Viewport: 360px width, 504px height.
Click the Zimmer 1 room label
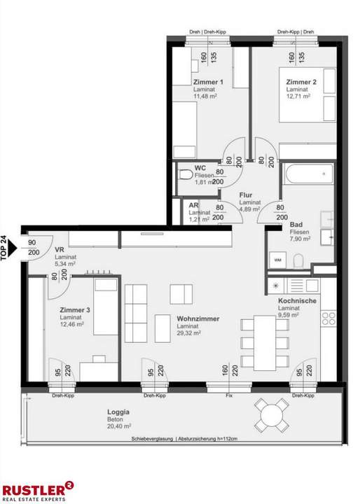coord(208,82)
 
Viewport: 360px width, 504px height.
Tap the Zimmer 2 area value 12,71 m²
coord(298,96)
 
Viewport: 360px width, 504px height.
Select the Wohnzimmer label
coord(198,319)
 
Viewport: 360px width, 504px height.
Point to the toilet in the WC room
coord(185,175)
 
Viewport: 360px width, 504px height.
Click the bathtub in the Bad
coord(309,174)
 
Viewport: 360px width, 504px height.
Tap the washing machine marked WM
coord(277,260)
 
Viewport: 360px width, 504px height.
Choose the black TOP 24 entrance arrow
coord(12,248)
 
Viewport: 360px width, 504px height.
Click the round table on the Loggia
coord(272,416)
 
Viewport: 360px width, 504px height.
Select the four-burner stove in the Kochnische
coord(328,318)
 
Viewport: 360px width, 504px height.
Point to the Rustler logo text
coord(34,490)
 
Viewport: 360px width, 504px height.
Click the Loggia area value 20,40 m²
coord(119,426)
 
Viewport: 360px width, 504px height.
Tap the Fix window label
coord(229,395)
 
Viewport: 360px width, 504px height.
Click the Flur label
coord(246,195)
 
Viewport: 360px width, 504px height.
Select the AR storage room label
coord(194,205)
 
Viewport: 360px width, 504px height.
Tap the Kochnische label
coord(297,301)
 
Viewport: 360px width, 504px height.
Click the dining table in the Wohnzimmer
coord(265,342)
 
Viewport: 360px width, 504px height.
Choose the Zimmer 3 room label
coord(75,310)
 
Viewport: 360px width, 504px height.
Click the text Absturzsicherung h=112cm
coord(208,439)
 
